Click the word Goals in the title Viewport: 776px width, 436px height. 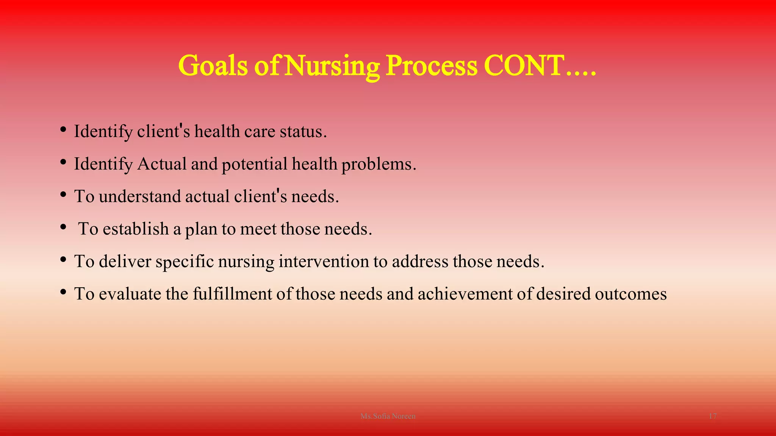coord(213,66)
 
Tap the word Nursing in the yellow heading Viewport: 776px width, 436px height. coord(332,66)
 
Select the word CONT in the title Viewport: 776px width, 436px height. coord(524,66)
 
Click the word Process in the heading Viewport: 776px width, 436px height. coord(432,66)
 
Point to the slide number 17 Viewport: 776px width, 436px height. coord(712,416)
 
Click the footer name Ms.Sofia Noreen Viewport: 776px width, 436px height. coord(388,416)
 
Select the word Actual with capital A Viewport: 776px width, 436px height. coord(162,164)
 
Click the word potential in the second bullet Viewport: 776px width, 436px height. coord(255,164)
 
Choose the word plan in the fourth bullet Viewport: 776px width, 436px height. coord(201,229)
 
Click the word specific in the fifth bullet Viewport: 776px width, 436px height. coord(185,262)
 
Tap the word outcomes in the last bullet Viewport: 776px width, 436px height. coord(630,294)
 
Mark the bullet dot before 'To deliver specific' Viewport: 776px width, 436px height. coord(63,260)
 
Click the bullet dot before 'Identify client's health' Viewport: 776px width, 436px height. coord(63,130)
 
